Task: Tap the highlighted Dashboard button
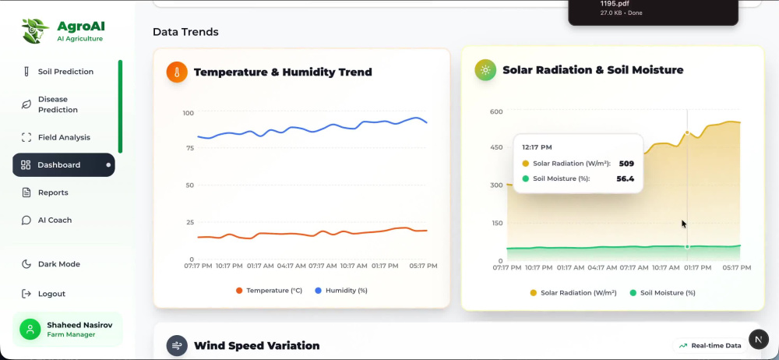click(x=64, y=164)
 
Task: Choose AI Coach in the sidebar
click(x=48, y=220)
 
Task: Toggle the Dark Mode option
click(x=51, y=264)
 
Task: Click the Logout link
click(x=44, y=294)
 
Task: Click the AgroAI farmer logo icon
click(x=35, y=31)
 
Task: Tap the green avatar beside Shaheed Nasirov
click(x=30, y=329)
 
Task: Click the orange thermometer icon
click(x=177, y=72)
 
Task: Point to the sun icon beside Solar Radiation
click(x=485, y=70)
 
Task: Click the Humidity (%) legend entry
click(x=341, y=291)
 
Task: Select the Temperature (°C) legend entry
click(x=269, y=291)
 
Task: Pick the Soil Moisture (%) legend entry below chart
click(x=663, y=293)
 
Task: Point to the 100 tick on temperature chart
click(x=189, y=113)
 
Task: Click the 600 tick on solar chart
click(x=496, y=111)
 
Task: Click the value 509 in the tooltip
click(x=626, y=163)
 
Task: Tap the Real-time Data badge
click(x=710, y=345)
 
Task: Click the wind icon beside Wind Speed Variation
click(x=177, y=345)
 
